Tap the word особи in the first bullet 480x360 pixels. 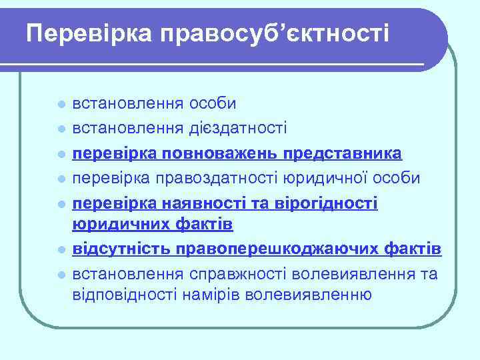pos(213,105)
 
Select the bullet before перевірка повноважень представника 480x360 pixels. pos(61,154)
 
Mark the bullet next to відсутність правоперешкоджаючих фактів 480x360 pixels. pos(61,250)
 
